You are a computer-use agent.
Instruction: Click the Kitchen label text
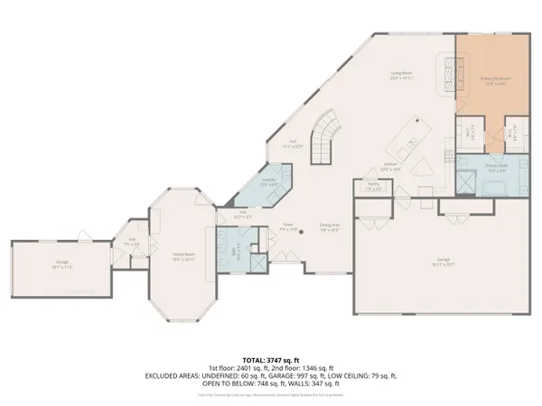[x=390, y=168]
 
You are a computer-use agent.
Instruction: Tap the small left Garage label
[x=61, y=265]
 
